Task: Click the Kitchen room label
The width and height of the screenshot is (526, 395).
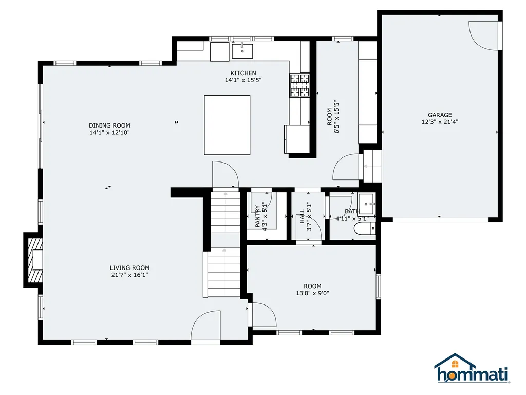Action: pos(243,73)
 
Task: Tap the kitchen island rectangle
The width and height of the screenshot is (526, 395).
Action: pos(227,125)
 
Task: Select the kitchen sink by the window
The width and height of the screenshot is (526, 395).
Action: pos(242,51)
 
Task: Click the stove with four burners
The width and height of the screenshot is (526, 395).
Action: pos(299,85)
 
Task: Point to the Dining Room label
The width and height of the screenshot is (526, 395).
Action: pos(109,125)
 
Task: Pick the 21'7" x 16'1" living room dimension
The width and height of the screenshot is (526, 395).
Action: pos(129,275)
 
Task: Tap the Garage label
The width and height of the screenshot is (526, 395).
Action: pos(440,115)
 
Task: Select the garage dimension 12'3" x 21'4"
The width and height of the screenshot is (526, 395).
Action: pos(440,122)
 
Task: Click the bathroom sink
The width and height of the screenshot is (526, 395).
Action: pos(366,204)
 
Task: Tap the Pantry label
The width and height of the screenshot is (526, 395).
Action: pos(257,217)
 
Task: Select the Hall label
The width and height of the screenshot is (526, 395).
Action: pos(302,217)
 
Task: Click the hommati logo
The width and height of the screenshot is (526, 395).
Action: pos(472,368)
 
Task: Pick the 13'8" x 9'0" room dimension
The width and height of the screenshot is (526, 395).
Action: pos(312,293)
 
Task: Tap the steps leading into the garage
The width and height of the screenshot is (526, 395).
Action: pos(372,166)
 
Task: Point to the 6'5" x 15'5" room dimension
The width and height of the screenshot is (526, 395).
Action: pos(337,117)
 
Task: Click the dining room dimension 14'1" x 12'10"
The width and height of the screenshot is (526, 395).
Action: pos(109,132)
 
